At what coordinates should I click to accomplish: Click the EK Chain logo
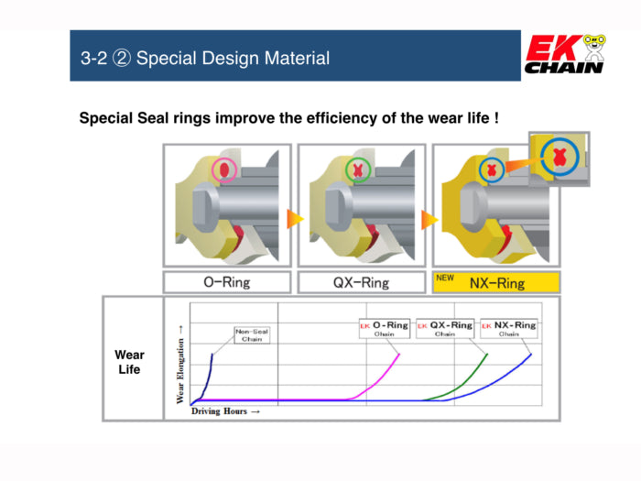564,55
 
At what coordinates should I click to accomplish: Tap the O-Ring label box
226,282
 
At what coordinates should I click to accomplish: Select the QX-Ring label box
361,282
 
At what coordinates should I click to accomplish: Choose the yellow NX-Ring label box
495,282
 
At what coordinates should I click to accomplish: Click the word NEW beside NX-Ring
445,277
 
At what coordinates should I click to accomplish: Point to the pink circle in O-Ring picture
223,170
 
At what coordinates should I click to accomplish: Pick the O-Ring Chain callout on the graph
384,328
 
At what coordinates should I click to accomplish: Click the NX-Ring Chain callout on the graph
508,328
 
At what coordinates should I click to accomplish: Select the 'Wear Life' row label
128,362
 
